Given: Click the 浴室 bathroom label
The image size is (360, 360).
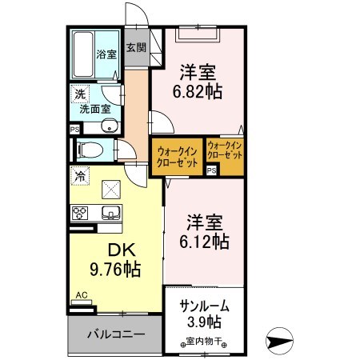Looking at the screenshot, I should click(106, 55).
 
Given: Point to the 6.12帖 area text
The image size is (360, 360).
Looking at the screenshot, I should click(202, 240).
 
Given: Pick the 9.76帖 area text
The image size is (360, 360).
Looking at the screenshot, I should click(107, 270).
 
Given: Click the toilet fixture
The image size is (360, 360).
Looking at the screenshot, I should click(90, 149).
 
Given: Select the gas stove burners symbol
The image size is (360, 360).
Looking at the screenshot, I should click(80, 212).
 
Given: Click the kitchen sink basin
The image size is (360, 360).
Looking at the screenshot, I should click(110, 212).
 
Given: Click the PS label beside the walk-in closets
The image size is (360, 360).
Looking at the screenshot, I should click(211, 170).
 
